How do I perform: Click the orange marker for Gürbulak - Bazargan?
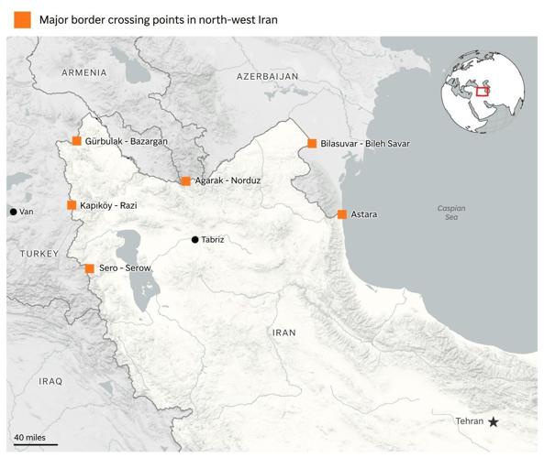76,141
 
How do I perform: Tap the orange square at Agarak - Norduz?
185,181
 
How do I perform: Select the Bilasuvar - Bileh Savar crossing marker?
312,144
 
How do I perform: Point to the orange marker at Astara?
341,214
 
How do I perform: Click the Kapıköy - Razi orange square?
72,205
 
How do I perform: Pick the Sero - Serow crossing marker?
89,268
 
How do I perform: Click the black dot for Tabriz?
194,240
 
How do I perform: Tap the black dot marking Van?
13,212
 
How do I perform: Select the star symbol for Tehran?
494,421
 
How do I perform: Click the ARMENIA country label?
84,72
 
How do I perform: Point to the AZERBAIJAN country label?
267,76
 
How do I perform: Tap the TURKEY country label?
39,252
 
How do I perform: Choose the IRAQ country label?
50,380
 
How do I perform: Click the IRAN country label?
283,333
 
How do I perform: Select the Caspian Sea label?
450,213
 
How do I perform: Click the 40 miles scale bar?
35,444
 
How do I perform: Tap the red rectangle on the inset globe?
482,90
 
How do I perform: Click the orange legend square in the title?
18,19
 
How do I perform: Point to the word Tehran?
469,421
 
